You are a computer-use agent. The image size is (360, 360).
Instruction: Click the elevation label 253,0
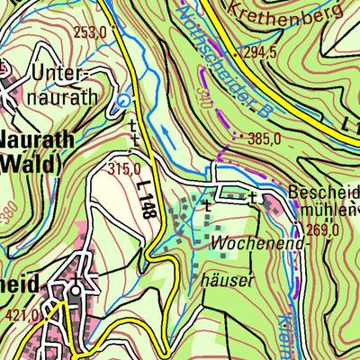96,32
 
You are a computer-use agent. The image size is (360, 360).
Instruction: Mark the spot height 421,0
21,315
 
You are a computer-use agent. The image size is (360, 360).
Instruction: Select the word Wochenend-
254,244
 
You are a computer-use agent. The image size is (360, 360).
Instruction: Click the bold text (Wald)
32,164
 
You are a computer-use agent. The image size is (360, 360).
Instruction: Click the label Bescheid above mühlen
323,193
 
